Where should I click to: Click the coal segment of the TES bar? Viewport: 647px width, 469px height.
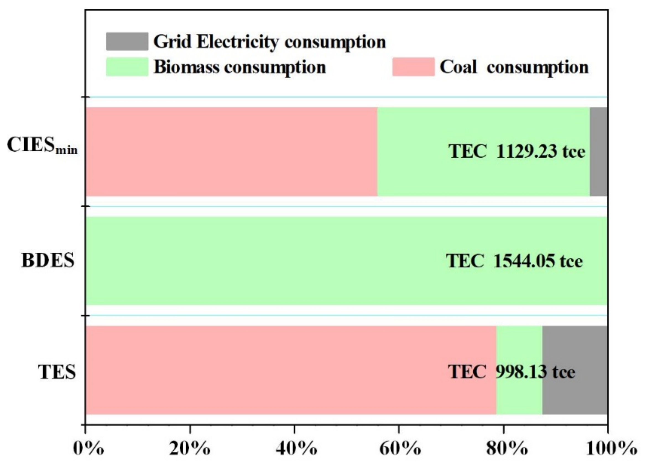click(x=291, y=370)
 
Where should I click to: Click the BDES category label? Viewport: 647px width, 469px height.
click(x=48, y=260)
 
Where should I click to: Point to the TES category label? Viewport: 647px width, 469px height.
click(x=57, y=372)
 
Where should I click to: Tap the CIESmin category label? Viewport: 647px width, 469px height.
click(x=42, y=145)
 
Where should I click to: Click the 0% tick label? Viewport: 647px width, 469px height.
click(x=89, y=449)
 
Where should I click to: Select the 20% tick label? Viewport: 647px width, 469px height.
click(x=190, y=449)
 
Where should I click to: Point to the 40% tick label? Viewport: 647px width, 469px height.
click(x=296, y=449)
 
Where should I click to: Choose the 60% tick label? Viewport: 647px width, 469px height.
click(x=400, y=449)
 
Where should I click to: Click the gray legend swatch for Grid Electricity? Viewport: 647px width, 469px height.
click(x=127, y=42)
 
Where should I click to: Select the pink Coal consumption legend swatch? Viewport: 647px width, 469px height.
click(x=413, y=67)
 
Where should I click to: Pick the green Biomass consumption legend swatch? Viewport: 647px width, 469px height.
click(x=127, y=67)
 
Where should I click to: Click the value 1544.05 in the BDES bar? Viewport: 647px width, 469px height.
click(x=524, y=261)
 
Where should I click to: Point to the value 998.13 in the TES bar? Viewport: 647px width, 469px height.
click(x=521, y=372)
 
